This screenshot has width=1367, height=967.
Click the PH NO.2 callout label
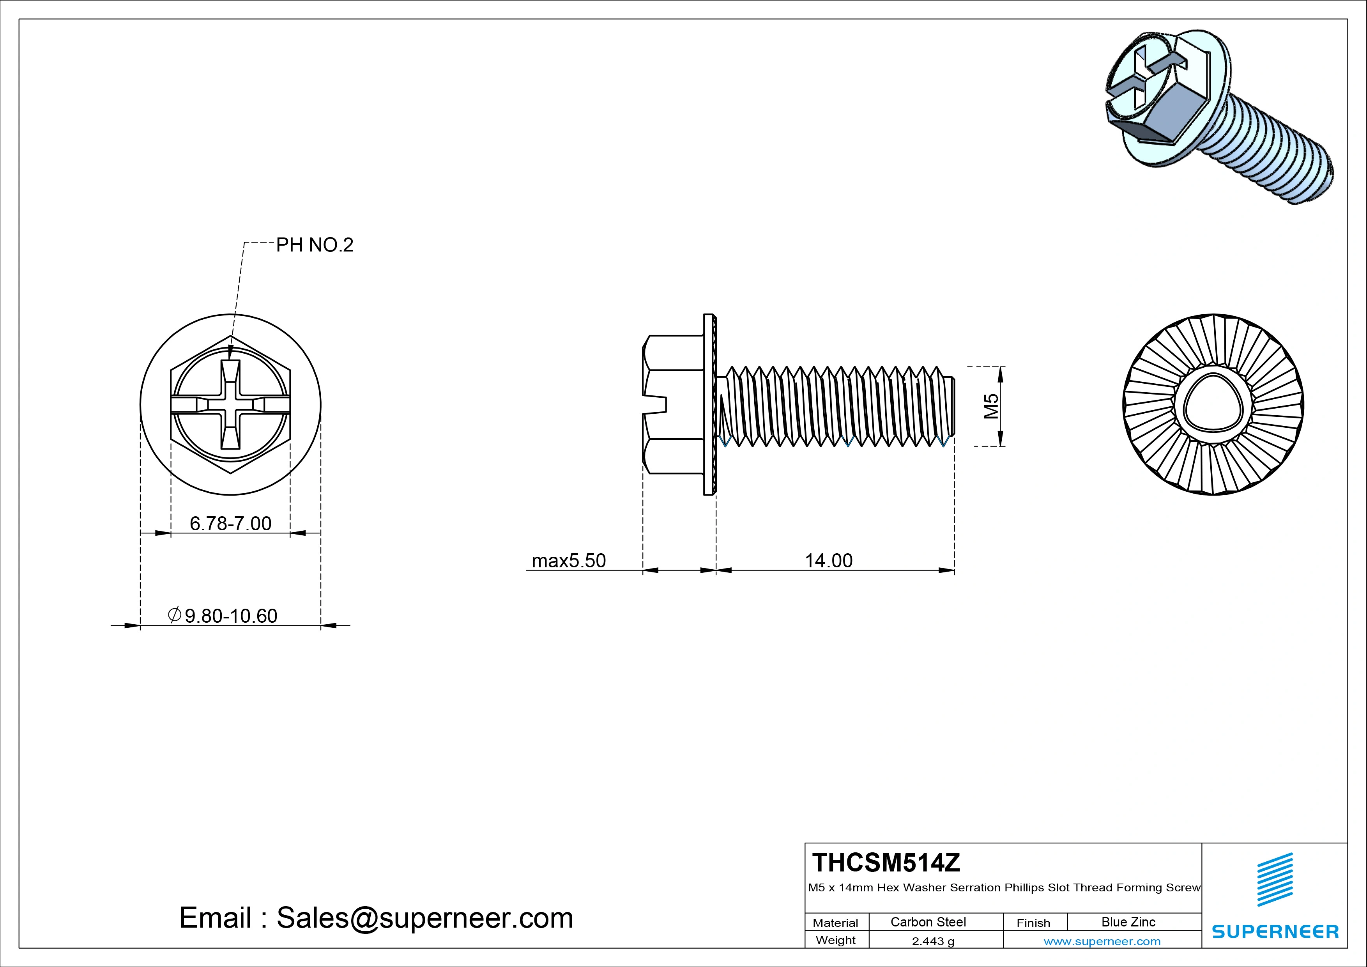click(314, 245)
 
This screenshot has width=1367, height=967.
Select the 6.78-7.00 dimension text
click(230, 523)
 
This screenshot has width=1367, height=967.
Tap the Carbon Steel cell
click(928, 922)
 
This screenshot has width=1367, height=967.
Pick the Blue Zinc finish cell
click(1128, 922)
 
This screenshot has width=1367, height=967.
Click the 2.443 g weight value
click(933, 941)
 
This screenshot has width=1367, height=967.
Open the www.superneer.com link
click(1102, 941)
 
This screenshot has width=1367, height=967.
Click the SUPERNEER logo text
click(1275, 931)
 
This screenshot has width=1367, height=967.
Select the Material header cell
click(835, 923)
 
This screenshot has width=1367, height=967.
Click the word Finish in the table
click(1033, 923)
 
